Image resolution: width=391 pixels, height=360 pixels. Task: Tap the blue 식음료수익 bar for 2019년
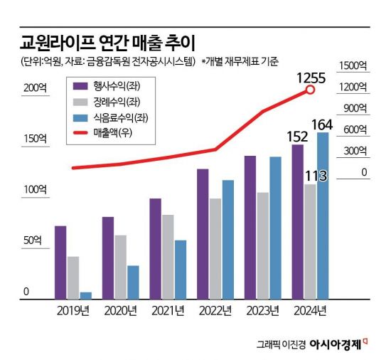point(86,295)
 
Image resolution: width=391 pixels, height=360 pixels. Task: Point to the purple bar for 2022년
point(202,233)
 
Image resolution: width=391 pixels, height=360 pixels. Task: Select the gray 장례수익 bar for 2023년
point(262,245)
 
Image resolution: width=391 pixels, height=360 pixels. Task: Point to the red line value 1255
point(310,76)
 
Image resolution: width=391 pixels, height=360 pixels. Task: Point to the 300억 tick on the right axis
point(355,151)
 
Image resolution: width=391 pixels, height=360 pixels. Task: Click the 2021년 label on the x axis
point(168,310)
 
